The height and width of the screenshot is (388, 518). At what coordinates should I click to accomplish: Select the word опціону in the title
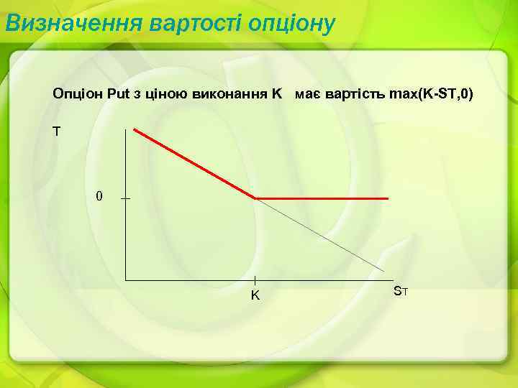point(291,24)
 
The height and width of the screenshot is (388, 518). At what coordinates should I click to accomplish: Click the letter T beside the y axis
point(57,131)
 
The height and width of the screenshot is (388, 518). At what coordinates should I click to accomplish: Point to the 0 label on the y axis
point(99,196)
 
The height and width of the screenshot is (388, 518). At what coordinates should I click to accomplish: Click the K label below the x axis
point(255,295)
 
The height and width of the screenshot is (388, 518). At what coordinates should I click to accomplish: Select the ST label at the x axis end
point(401,291)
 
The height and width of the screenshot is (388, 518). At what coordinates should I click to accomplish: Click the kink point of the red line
point(256,198)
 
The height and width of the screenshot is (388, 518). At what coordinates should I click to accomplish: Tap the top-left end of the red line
point(135,129)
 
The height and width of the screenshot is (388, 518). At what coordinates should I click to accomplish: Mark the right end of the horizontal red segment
point(388,198)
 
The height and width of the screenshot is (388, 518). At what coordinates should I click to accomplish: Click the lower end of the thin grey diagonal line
point(384,270)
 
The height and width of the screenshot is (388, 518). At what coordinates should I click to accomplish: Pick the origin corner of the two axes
point(126,279)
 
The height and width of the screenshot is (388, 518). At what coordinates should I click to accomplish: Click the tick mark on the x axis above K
point(255,280)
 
